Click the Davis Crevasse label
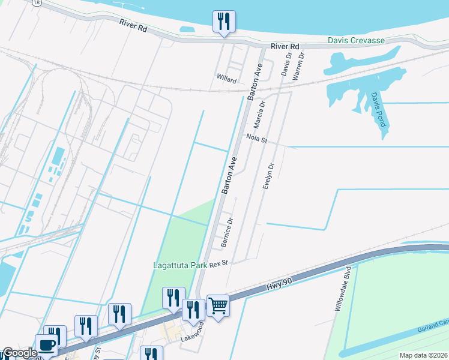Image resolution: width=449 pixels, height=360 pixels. tap(356, 41)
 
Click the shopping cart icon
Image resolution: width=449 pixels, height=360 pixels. tap(218, 305)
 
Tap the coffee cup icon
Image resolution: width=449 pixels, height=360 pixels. tap(47, 346)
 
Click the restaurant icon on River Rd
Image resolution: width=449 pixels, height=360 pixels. tap(224, 22)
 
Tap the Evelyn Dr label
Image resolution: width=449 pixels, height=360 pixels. tap(269, 177)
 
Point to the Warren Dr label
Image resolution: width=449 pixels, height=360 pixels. tap(298, 66)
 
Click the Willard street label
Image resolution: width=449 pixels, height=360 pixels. tap(226, 79)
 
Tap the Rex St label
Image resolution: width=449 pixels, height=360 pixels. tap(219, 263)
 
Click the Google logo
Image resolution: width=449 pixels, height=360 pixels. tap(19, 353)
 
